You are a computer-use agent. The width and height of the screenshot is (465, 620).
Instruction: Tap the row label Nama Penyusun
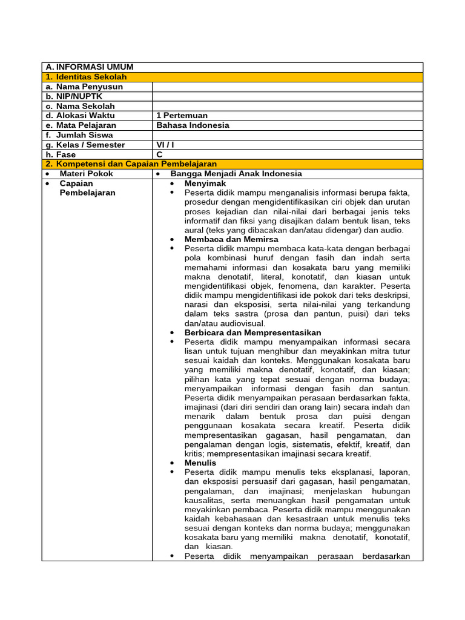click(x=84, y=87)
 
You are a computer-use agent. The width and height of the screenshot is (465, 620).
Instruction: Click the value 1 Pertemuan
click(x=182, y=116)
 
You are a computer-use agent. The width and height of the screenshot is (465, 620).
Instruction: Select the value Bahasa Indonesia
click(x=193, y=125)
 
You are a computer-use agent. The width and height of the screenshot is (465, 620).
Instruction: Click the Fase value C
click(x=160, y=154)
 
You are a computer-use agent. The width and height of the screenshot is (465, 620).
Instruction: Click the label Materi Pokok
click(x=86, y=174)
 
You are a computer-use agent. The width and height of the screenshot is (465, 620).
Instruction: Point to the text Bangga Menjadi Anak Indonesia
click(x=236, y=174)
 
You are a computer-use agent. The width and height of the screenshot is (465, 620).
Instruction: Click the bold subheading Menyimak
click(x=205, y=183)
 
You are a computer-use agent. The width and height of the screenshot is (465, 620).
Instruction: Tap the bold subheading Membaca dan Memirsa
click(x=231, y=239)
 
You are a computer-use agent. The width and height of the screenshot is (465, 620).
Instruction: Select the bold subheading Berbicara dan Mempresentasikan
click(x=252, y=332)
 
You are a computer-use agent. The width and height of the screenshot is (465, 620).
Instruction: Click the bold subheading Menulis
click(x=200, y=463)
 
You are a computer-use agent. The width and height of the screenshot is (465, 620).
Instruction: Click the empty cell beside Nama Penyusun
click(x=288, y=87)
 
